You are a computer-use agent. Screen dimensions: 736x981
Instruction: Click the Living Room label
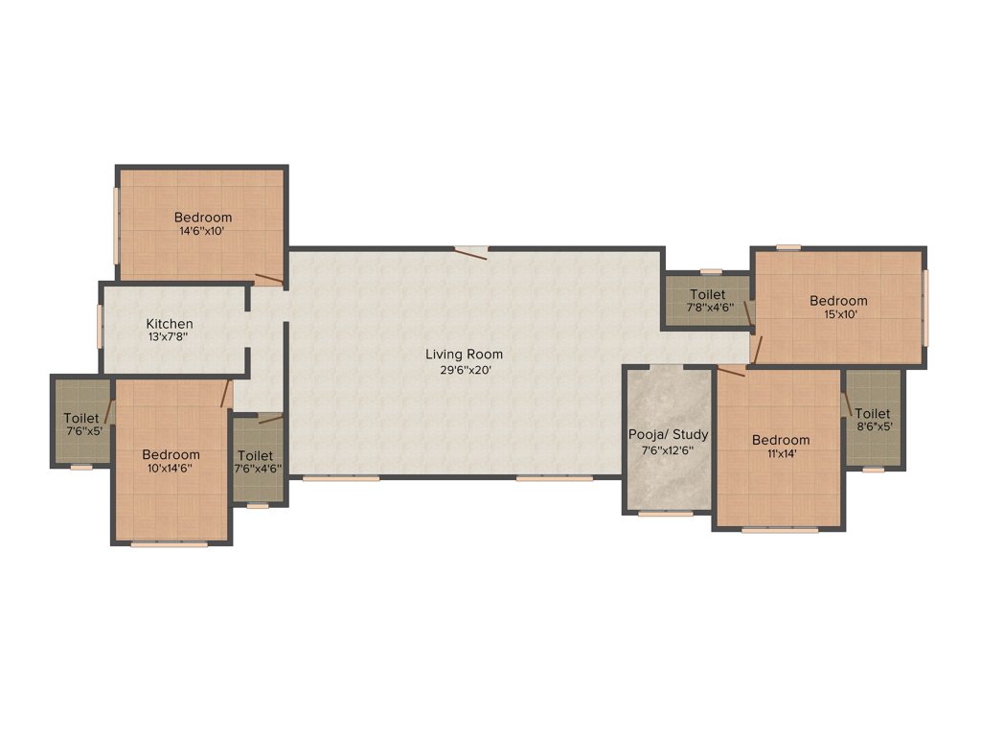point(464,355)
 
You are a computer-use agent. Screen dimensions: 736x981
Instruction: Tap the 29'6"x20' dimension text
point(464,369)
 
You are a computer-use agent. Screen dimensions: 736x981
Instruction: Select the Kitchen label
point(170,324)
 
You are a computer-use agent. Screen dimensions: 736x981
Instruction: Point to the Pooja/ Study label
point(668,434)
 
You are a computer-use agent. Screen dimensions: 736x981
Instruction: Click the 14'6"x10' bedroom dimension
point(202,231)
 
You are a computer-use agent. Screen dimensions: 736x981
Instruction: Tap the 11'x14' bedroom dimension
point(780,454)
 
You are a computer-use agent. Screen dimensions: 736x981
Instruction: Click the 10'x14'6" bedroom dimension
point(171,469)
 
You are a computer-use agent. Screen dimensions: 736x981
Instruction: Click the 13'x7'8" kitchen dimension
point(170,338)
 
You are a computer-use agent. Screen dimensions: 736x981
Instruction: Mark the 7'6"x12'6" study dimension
point(668,449)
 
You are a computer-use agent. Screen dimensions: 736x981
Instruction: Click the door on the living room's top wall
point(470,252)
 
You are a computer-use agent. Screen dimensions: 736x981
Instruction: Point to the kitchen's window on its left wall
point(100,327)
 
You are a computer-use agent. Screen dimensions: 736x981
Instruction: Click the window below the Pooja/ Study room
point(666,514)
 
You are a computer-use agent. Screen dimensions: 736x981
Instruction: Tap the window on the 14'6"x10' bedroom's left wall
point(118,223)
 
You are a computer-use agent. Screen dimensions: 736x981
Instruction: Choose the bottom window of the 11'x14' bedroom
point(780,529)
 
